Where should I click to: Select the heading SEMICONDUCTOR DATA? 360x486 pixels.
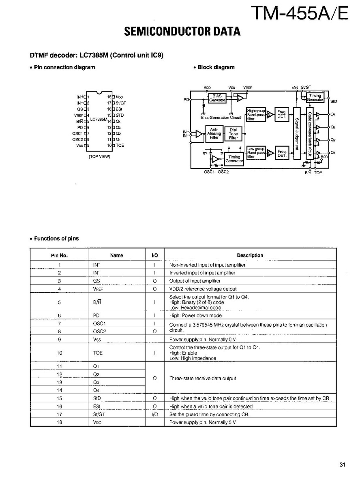point(182,32)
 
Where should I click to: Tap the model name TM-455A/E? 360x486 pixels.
point(299,13)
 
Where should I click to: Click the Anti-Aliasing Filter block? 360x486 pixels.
point(214,134)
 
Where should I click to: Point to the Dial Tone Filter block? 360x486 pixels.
point(234,134)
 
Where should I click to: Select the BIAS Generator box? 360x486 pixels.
point(217,98)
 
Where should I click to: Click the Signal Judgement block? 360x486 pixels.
point(297,133)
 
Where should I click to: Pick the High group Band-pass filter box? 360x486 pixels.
point(255,114)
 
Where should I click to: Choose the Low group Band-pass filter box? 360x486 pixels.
point(255,153)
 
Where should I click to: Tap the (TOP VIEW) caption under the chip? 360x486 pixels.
point(99,157)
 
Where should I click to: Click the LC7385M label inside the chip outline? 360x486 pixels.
point(99,120)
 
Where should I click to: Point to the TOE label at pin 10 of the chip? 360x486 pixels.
point(120,145)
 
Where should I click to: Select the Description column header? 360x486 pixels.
point(250,255)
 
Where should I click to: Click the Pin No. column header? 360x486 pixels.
point(59,255)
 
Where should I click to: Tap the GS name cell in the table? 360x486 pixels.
point(96,280)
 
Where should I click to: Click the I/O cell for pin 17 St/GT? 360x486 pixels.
point(155,414)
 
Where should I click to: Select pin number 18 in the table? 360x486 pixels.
point(59,422)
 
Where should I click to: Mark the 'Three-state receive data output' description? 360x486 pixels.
point(202,378)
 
